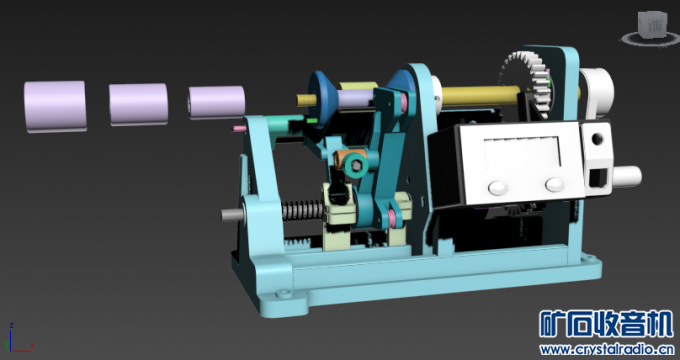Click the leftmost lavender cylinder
(55, 106)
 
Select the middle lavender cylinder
(138, 105)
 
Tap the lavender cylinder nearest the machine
(217, 102)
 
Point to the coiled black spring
(303, 209)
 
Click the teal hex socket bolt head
(356, 165)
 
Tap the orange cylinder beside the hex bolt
(346, 157)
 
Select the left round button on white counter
(498, 188)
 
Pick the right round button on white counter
(555, 184)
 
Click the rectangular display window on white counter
(522, 154)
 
